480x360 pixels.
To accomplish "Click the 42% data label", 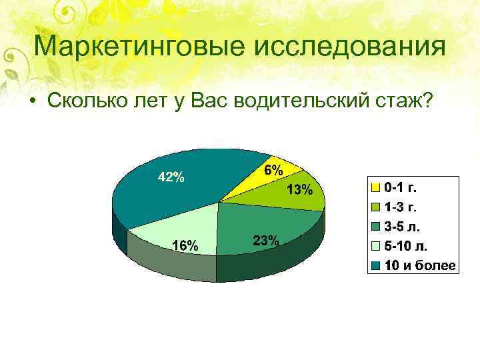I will pyautogui.click(x=171, y=177).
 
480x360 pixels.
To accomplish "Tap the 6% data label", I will pyautogui.click(x=272, y=170).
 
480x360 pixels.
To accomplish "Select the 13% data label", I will pyautogui.click(x=299, y=191).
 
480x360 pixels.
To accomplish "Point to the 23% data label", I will pyautogui.click(x=265, y=241).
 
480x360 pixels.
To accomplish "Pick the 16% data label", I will pyautogui.click(x=185, y=245).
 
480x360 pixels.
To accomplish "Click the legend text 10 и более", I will pyautogui.click(x=420, y=265).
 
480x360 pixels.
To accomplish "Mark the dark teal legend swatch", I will pyautogui.click(x=377, y=266).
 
